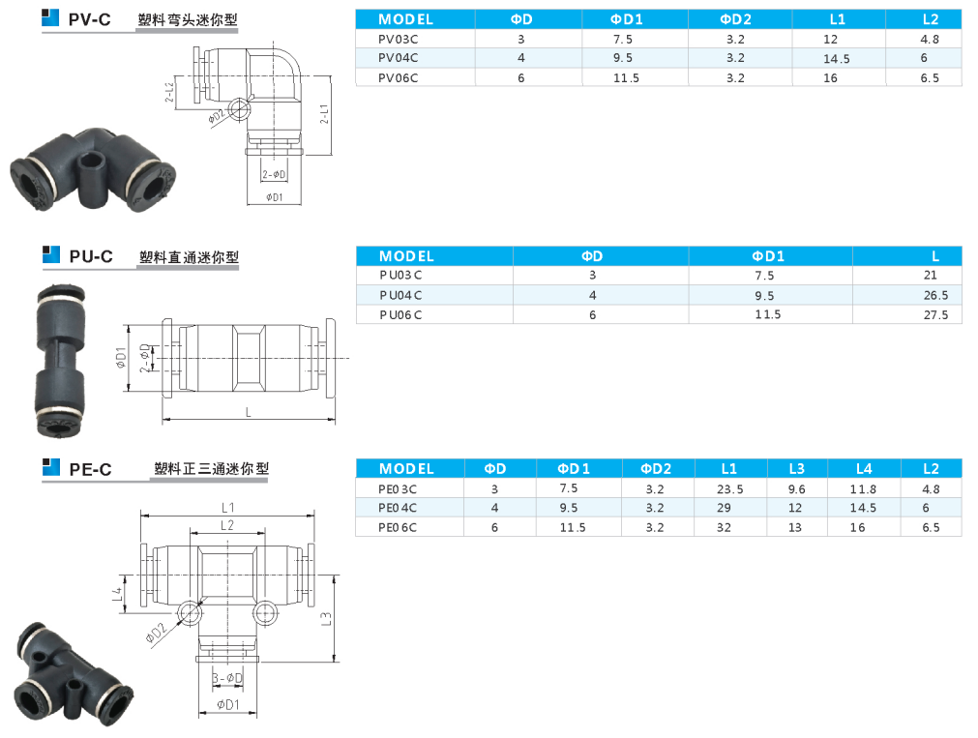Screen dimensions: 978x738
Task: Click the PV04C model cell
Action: coord(398,58)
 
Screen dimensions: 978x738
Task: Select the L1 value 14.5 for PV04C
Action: coord(837,59)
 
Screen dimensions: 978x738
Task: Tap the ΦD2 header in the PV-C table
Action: coord(736,19)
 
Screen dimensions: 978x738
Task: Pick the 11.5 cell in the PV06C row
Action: coord(626,78)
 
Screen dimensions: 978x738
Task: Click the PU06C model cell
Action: coord(400,315)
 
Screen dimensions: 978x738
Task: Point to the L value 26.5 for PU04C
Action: coord(935,295)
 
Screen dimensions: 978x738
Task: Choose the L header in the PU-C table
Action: coord(935,255)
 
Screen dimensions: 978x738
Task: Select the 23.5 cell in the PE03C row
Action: coord(729,489)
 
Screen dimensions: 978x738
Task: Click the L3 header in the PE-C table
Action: coord(796,468)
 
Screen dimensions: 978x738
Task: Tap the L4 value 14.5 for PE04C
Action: coord(863,508)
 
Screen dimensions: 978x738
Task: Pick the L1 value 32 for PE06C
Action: coord(724,527)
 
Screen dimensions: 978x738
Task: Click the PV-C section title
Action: coord(90,19)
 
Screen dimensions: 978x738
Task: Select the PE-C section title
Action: coord(90,469)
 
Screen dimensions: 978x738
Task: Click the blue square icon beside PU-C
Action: coord(50,254)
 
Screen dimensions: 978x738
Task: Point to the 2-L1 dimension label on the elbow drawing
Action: coord(324,114)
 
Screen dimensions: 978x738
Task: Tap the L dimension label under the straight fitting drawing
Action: coord(249,412)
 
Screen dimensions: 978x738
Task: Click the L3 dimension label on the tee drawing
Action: coord(326,619)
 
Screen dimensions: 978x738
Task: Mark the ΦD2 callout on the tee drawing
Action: coord(156,633)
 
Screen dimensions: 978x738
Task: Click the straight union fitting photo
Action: coord(60,361)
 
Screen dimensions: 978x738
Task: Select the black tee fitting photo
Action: coord(72,674)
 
